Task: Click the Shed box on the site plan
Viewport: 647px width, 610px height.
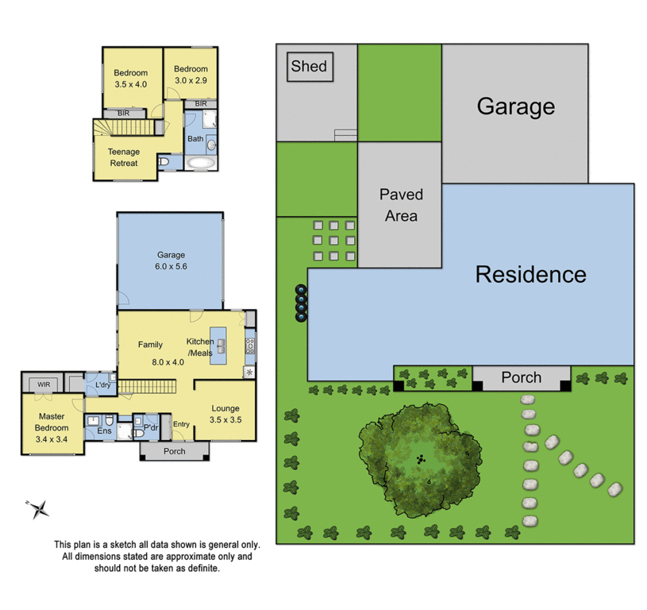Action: tap(309, 67)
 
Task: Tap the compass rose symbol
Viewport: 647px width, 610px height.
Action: tap(38, 508)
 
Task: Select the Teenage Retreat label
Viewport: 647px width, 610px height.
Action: tap(123, 157)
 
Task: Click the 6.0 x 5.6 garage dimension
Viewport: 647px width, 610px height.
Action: tap(171, 267)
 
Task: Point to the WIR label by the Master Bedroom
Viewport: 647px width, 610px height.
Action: tap(41, 385)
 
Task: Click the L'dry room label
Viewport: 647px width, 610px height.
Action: tap(102, 385)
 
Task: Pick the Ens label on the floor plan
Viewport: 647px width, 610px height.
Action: tap(104, 431)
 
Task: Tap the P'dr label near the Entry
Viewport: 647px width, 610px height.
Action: tap(151, 427)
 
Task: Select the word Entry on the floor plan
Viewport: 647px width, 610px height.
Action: tap(181, 424)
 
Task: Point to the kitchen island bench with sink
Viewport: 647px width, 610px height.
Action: tap(218, 345)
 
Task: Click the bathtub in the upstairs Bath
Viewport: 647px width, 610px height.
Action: tap(198, 162)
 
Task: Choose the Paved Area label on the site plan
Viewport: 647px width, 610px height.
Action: tap(400, 204)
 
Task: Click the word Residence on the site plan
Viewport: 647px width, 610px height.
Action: tap(530, 275)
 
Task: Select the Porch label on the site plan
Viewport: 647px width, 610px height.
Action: tap(521, 377)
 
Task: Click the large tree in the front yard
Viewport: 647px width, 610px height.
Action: tap(418, 459)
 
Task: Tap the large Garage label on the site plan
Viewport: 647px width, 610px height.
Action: tap(515, 106)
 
